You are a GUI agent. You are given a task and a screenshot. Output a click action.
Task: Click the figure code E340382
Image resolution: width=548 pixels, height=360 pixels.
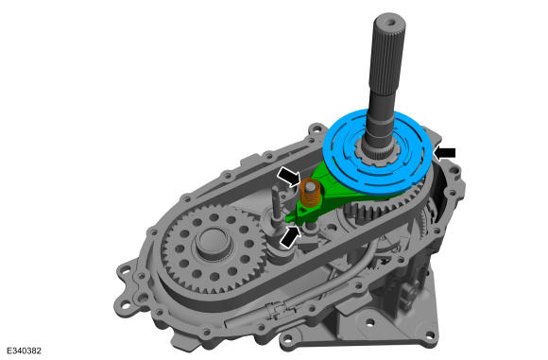pyautogui.click(x=24, y=351)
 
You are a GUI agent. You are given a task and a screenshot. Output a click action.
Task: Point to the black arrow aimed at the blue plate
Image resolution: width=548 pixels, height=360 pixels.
pyautogui.click(x=445, y=153)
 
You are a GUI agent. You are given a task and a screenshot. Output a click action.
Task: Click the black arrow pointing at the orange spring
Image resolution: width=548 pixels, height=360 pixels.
pyautogui.click(x=289, y=177)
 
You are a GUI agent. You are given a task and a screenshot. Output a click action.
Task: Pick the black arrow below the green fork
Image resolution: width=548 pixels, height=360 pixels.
pyautogui.click(x=290, y=237)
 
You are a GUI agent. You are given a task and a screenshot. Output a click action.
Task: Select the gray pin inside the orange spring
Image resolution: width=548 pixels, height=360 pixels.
pyautogui.click(x=309, y=188)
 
